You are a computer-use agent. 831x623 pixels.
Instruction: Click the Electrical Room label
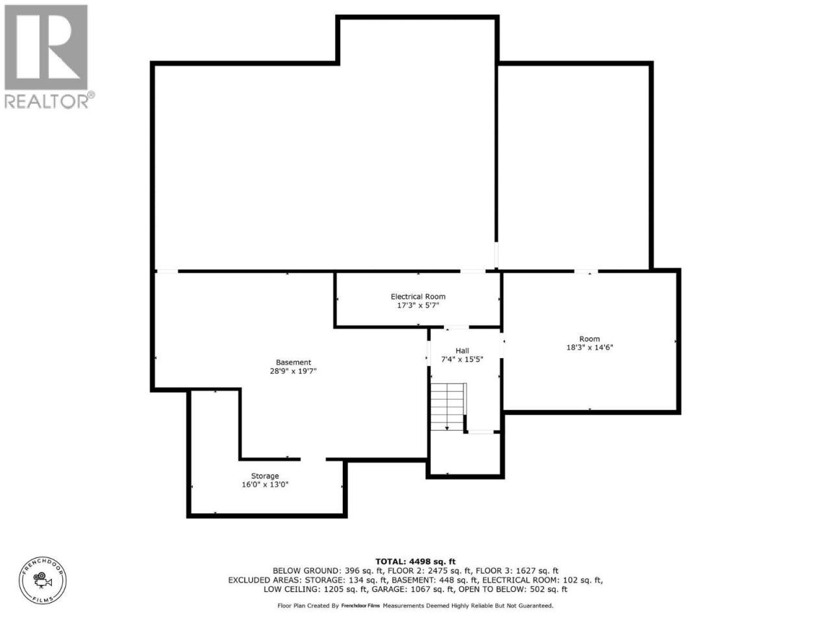pos(418,297)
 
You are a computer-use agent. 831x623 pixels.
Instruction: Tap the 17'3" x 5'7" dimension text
pos(418,305)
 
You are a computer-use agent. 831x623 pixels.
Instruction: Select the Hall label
pos(462,350)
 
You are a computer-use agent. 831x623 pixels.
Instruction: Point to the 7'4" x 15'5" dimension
pos(462,360)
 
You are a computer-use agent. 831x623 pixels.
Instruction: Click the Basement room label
pos(293,362)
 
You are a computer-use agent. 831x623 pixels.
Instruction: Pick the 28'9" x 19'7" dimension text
pos(293,371)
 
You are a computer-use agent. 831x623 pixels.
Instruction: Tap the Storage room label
pos(265,476)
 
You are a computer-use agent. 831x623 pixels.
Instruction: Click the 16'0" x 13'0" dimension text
pos(265,485)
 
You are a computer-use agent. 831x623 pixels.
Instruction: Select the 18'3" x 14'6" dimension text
pos(589,347)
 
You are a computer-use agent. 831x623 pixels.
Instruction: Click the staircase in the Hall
pos(448,407)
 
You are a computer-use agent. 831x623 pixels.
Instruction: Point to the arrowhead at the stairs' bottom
pos(447,428)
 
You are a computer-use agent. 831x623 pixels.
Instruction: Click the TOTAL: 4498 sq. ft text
pos(415,562)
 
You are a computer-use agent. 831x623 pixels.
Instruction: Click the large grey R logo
pos(46,47)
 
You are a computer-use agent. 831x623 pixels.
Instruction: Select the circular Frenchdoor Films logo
pos(43,580)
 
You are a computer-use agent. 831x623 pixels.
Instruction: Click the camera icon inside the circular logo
pos(42,580)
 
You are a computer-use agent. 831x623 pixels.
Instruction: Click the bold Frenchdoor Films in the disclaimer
pos(360,605)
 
